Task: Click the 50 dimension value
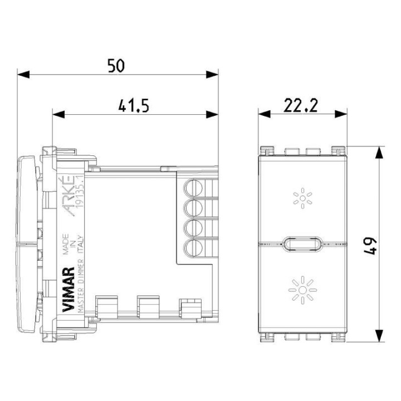coord(116,66)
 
